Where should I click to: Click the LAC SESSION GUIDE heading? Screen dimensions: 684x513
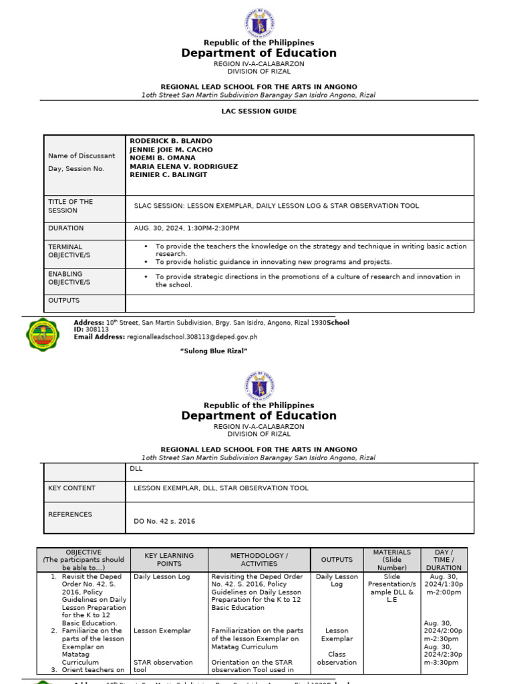pos(259,112)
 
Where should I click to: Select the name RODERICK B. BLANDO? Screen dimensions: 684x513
pos(171,142)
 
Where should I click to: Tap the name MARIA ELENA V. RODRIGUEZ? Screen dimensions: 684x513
pos(184,166)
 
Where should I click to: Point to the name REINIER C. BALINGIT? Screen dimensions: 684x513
pos(168,175)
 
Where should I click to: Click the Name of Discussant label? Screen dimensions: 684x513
pos(81,156)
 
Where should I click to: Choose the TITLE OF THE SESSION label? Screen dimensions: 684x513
pos(70,206)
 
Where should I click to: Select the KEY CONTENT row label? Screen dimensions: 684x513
pos(71,488)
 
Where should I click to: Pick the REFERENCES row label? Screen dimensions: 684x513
pos(70,514)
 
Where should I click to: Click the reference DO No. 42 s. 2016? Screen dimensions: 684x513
pos(164,521)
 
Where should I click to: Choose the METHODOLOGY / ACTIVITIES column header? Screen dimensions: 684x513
pos(259,560)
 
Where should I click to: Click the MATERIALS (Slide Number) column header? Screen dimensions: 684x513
pos(392,560)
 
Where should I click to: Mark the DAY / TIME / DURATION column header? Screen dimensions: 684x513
pos(444,560)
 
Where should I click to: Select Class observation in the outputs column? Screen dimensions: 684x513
pos(337,659)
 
